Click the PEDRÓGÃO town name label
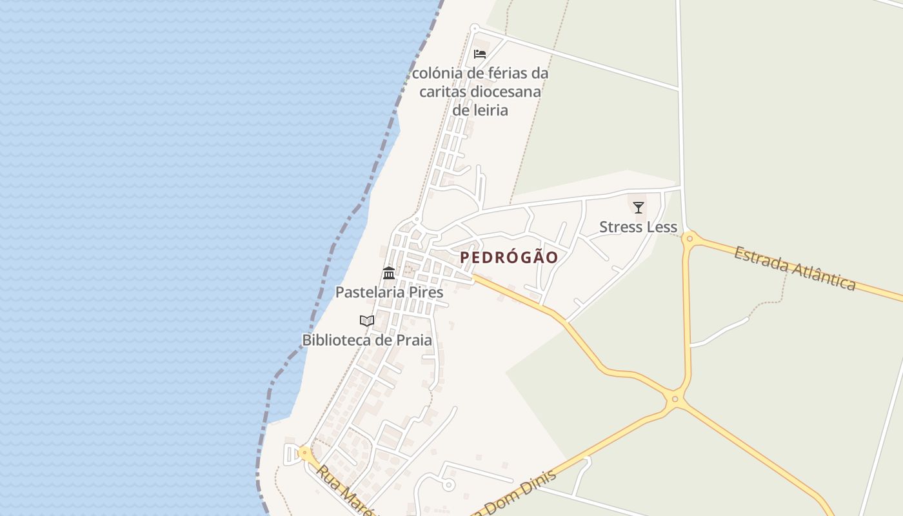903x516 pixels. (x=509, y=257)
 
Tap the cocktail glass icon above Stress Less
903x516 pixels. (x=639, y=207)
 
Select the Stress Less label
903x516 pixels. (x=638, y=227)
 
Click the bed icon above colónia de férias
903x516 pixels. (x=480, y=54)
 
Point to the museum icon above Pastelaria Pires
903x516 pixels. (x=389, y=273)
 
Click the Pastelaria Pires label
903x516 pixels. (x=389, y=292)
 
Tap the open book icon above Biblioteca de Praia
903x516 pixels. (x=367, y=321)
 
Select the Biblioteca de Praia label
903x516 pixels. (x=367, y=340)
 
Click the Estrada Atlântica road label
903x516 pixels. (x=795, y=268)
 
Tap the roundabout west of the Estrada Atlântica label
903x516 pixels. (x=690, y=239)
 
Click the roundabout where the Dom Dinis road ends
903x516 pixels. (x=675, y=399)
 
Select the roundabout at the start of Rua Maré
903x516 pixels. (x=304, y=453)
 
